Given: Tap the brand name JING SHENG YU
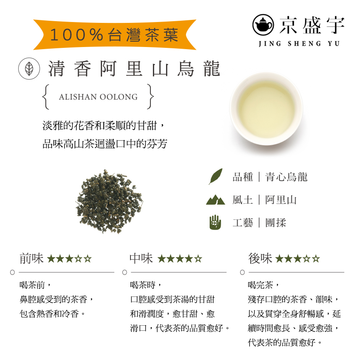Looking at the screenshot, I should click(299, 44).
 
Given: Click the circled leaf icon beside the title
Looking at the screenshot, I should click(29, 68).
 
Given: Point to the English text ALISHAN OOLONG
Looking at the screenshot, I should click(98, 97).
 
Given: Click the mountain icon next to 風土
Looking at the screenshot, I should click(215, 199).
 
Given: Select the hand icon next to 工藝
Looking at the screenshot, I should click(215, 222).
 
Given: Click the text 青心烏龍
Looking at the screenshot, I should click(286, 177).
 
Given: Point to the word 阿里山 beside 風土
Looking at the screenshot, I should click(281, 200).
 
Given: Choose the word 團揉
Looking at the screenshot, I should click(276, 223).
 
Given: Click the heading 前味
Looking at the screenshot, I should click(31, 258).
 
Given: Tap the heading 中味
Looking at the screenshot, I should click(141, 258).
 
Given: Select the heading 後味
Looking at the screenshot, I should click(260, 258).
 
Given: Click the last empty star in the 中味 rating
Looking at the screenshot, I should click(198, 259).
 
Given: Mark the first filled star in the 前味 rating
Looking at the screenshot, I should click(51, 259).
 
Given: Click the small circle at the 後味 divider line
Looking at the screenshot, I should click(242, 272).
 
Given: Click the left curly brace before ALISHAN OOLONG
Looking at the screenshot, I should click(45, 97).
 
